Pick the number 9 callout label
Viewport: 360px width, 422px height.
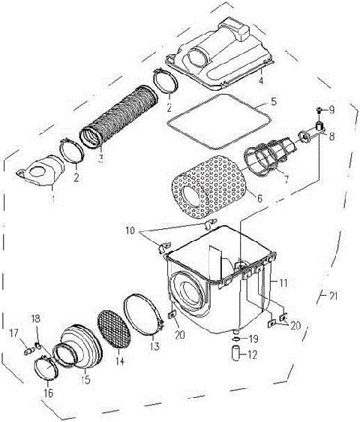point(334,109)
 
